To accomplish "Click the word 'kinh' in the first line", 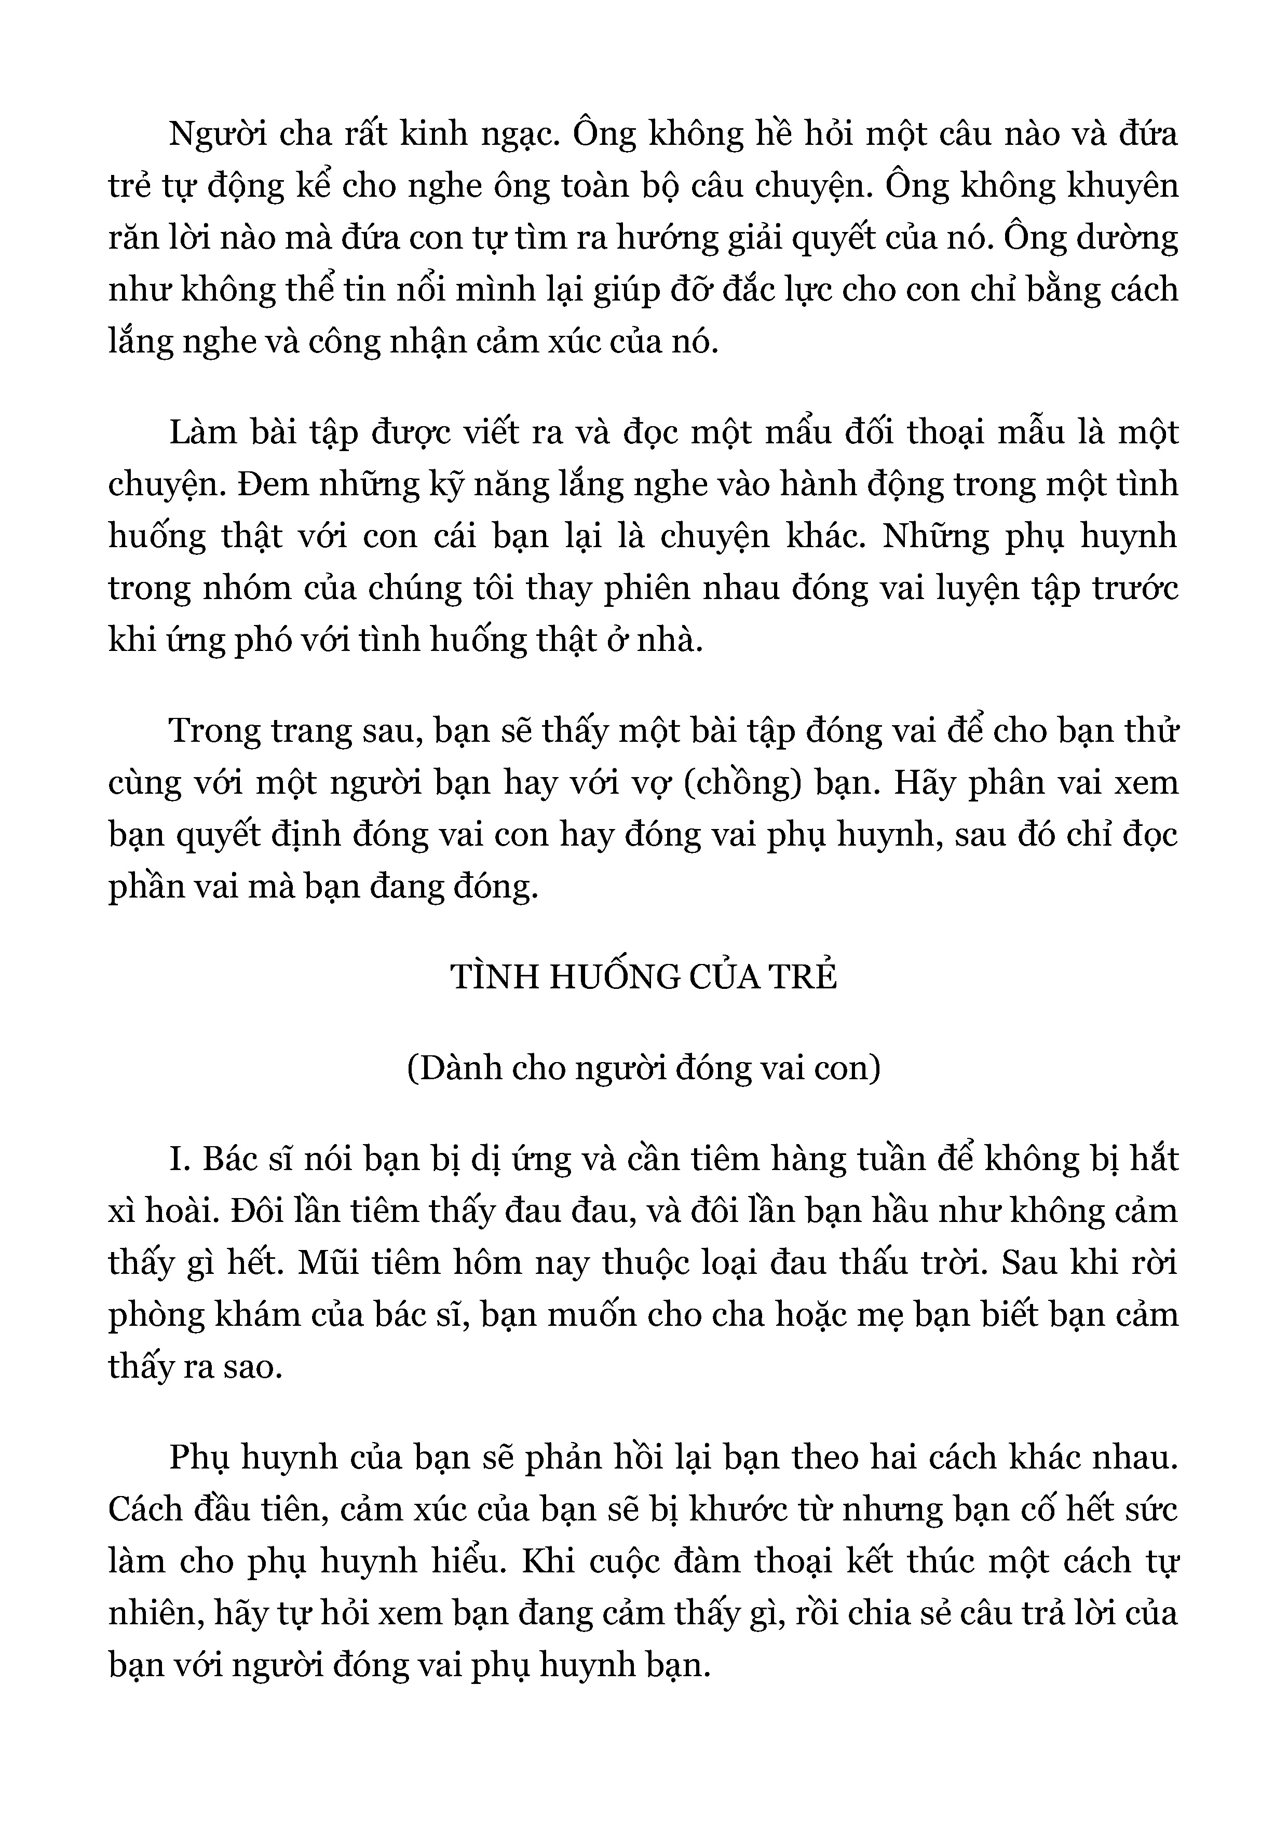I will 433,135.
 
